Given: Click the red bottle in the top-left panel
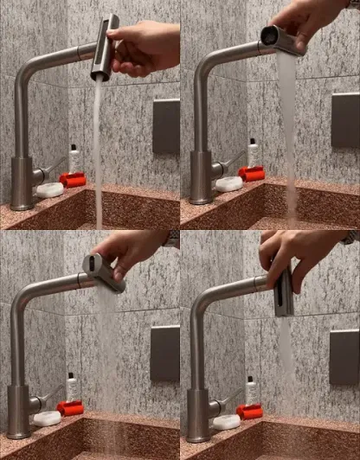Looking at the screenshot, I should click(73, 179).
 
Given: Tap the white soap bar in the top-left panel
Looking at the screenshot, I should click(48, 189).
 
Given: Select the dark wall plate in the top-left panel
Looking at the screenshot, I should click(166, 125).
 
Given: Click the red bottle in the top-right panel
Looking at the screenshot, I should click(252, 173).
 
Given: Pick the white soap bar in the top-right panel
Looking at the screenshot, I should click(228, 183).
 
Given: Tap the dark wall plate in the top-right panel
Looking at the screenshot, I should click(344, 119).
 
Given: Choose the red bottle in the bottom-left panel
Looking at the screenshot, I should click(70, 407).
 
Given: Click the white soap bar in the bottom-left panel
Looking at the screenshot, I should click(47, 418).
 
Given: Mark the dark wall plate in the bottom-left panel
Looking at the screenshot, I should click(164, 354).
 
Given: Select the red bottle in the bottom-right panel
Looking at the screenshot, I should click(250, 411).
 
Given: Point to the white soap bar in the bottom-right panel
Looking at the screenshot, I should click(226, 422).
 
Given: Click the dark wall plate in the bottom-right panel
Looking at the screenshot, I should click(344, 357).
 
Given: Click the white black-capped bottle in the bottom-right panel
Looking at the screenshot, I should click(250, 388).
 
